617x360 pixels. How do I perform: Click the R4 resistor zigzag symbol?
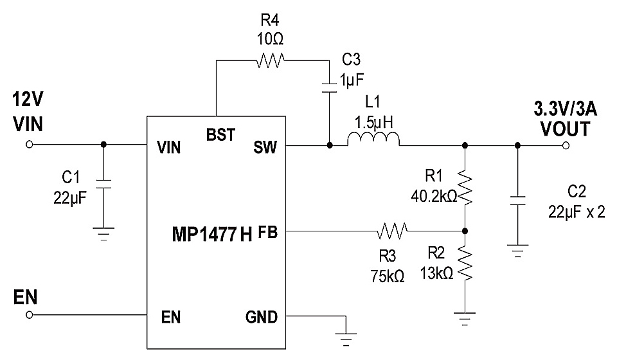270,60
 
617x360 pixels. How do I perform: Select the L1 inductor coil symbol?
373,139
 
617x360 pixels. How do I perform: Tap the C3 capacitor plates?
329,87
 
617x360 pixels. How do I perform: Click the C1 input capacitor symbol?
103,184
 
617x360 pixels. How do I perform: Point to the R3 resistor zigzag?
392,231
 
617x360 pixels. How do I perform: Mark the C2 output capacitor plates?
517,201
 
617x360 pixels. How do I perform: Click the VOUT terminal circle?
566,145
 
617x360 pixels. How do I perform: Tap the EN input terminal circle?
29,315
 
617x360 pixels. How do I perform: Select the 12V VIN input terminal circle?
29,145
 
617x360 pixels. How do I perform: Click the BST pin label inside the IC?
220,135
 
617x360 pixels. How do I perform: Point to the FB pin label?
268,233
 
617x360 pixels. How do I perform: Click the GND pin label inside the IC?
262,317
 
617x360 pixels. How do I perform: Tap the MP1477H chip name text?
212,235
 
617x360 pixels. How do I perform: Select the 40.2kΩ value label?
434,196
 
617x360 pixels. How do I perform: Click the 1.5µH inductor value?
374,122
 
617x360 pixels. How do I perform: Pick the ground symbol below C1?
103,234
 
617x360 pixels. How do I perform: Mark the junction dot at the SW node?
330,145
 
